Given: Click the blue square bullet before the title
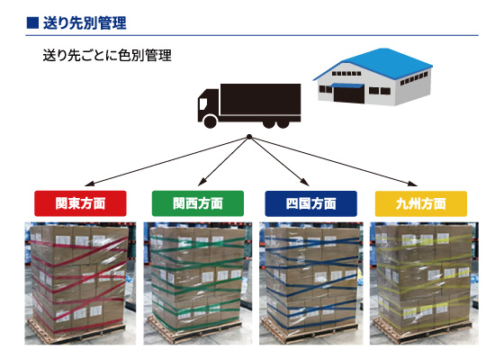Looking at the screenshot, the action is point(32,22).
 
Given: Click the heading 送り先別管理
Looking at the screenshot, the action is point(85,23).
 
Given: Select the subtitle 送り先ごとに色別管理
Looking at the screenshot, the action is point(107,55).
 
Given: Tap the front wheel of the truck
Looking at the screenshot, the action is point(211,121).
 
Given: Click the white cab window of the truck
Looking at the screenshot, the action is point(202,103).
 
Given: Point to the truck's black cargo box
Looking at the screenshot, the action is point(260,99).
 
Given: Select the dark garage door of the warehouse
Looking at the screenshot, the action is point(349,94).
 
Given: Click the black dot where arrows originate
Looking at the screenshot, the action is point(249,137).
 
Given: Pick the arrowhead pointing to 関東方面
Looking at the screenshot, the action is point(89,184).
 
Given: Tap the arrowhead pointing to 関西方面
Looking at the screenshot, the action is point(202,182).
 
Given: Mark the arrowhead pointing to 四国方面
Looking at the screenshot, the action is point(305,182).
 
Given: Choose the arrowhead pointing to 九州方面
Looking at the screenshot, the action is point(413,184).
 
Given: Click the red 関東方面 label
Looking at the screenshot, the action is point(80,203).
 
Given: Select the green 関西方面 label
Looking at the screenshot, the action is point(198,203).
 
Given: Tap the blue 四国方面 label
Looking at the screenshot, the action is point(310,203).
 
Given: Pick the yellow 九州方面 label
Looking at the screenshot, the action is point(421,203).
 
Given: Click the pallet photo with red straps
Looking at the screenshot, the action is point(80,283).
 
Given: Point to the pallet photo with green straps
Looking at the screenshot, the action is point(198,283).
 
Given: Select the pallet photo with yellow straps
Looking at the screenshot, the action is point(424,283).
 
